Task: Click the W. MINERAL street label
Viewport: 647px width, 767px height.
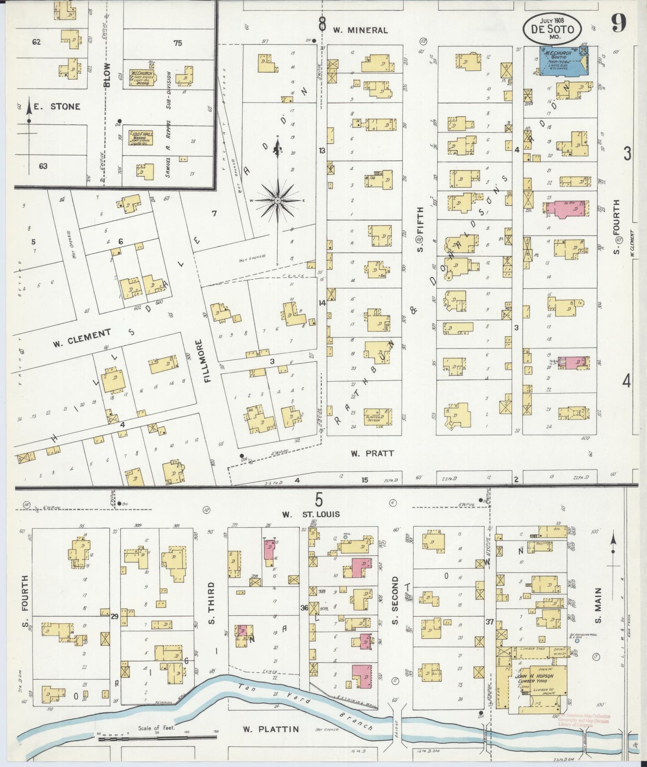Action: point(360,30)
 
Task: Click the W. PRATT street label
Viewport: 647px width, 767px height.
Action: point(372,453)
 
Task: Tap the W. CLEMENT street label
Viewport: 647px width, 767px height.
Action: point(82,338)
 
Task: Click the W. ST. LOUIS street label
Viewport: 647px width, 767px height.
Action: point(311,514)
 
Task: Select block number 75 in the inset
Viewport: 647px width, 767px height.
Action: point(178,43)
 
